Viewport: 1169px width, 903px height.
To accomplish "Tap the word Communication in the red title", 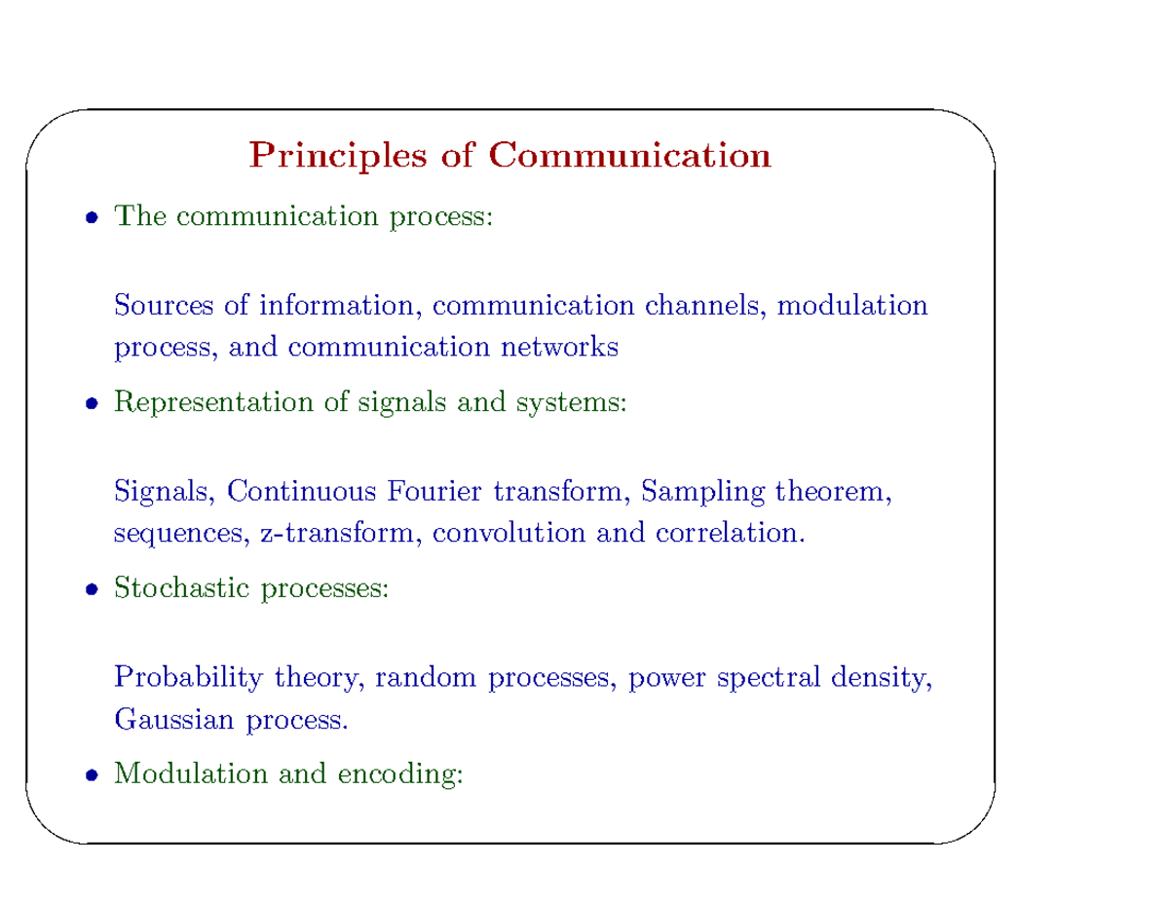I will pos(629,156).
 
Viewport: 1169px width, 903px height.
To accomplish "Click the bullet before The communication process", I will pos(90,217).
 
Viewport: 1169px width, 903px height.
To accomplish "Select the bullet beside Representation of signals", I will pos(90,402).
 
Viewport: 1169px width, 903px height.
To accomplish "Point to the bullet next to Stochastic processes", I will pos(90,589).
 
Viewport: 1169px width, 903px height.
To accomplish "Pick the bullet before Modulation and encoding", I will pos(90,775).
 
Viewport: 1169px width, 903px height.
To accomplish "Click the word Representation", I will pos(216,402).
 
